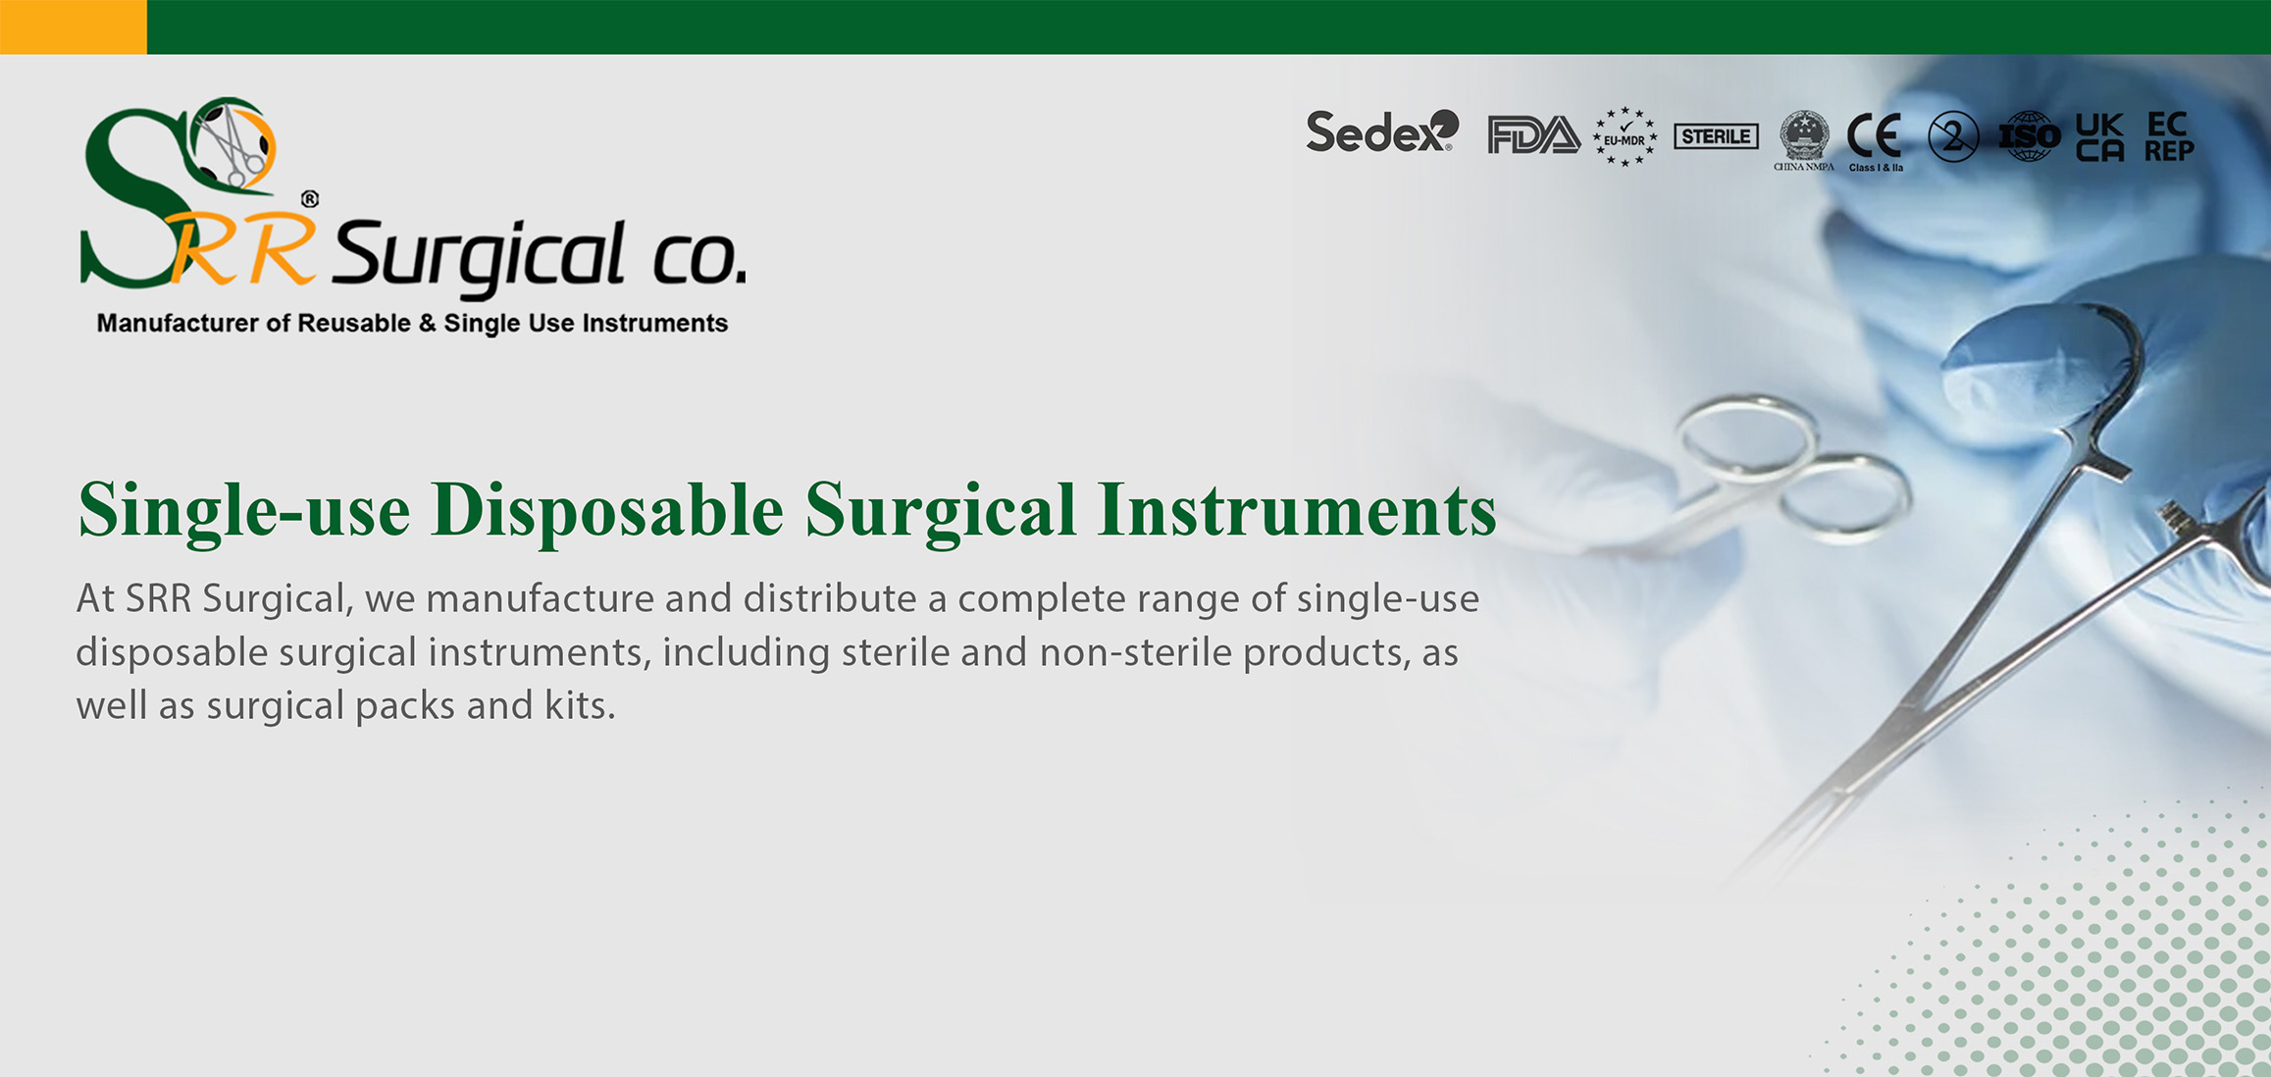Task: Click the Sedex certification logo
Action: click(x=1382, y=132)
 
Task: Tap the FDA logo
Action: click(x=1533, y=135)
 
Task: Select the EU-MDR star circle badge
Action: click(x=1625, y=136)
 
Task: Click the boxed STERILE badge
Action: click(x=1716, y=136)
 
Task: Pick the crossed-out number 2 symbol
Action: click(x=1953, y=137)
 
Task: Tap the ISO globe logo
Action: click(x=2029, y=136)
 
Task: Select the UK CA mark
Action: click(x=2099, y=137)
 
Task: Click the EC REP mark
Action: click(x=2169, y=136)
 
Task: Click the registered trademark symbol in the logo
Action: click(x=310, y=199)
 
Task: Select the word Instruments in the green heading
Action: click(x=1297, y=510)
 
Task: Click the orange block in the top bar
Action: click(x=74, y=26)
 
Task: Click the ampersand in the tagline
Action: click(x=427, y=324)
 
